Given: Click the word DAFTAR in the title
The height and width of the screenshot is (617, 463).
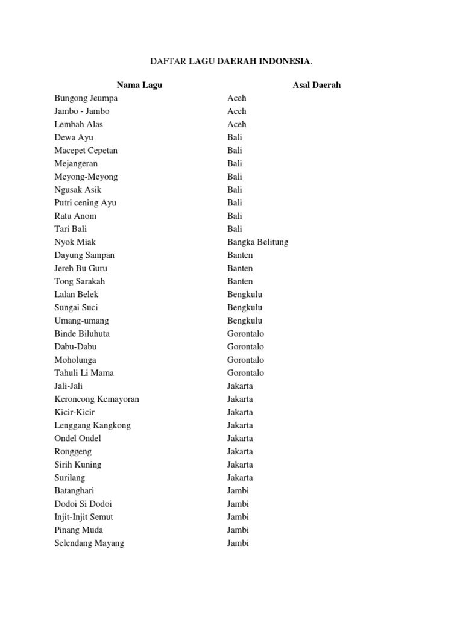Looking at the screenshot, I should (x=168, y=61).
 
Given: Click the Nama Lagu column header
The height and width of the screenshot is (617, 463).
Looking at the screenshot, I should (x=139, y=85).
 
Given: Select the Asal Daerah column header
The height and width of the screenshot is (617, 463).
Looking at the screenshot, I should (x=317, y=85).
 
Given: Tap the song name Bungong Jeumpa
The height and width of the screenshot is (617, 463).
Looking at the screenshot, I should (x=86, y=98).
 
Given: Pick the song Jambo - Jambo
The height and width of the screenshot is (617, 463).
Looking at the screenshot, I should (x=82, y=111).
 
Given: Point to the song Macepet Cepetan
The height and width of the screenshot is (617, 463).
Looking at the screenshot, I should (x=86, y=151).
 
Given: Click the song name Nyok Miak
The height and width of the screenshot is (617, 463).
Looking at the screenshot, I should (x=75, y=242).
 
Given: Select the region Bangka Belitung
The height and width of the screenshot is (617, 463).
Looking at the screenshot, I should (x=257, y=242).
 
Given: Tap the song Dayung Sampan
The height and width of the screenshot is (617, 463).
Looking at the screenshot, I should (x=84, y=255).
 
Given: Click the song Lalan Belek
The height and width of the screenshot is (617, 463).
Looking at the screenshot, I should (x=77, y=295).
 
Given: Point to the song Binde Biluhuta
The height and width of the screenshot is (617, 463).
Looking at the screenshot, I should (x=82, y=334).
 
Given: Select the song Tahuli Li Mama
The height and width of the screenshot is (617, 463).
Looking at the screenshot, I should (x=84, y=373).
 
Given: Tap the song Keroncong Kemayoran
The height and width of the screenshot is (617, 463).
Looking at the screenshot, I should (x=96, y=399).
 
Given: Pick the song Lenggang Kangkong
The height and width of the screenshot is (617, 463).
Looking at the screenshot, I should (x=92, y=425).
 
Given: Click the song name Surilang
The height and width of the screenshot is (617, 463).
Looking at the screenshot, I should (x=69, y=478).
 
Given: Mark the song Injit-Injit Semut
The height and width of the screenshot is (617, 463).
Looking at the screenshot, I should (x=84, y=517).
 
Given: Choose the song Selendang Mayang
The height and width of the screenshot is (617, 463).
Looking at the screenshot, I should (x=89, y=543).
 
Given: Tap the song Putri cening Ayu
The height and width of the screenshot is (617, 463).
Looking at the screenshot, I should (x=85, y=203).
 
